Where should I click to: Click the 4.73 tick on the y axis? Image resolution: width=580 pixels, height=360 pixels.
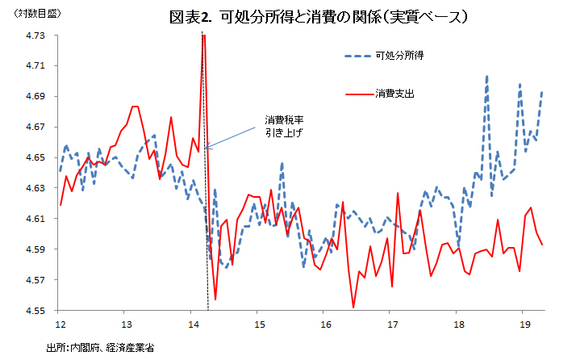(36, 36)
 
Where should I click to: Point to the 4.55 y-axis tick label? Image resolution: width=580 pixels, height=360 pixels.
(36, 311)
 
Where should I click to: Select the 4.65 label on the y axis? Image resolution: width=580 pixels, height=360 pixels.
(36, 157)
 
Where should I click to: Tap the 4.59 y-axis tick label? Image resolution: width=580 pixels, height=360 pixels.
(36, 249)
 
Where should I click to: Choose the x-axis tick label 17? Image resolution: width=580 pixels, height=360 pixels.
(390, 324)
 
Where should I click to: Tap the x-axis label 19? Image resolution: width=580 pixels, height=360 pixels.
(523, 324)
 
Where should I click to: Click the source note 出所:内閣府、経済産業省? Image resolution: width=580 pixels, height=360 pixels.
(100, 346)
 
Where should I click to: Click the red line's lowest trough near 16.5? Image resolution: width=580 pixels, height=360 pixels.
(353, 307)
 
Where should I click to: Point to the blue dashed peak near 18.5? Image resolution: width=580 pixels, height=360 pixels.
(487, 76)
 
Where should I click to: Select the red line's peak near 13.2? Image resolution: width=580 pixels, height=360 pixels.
(135, 107)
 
